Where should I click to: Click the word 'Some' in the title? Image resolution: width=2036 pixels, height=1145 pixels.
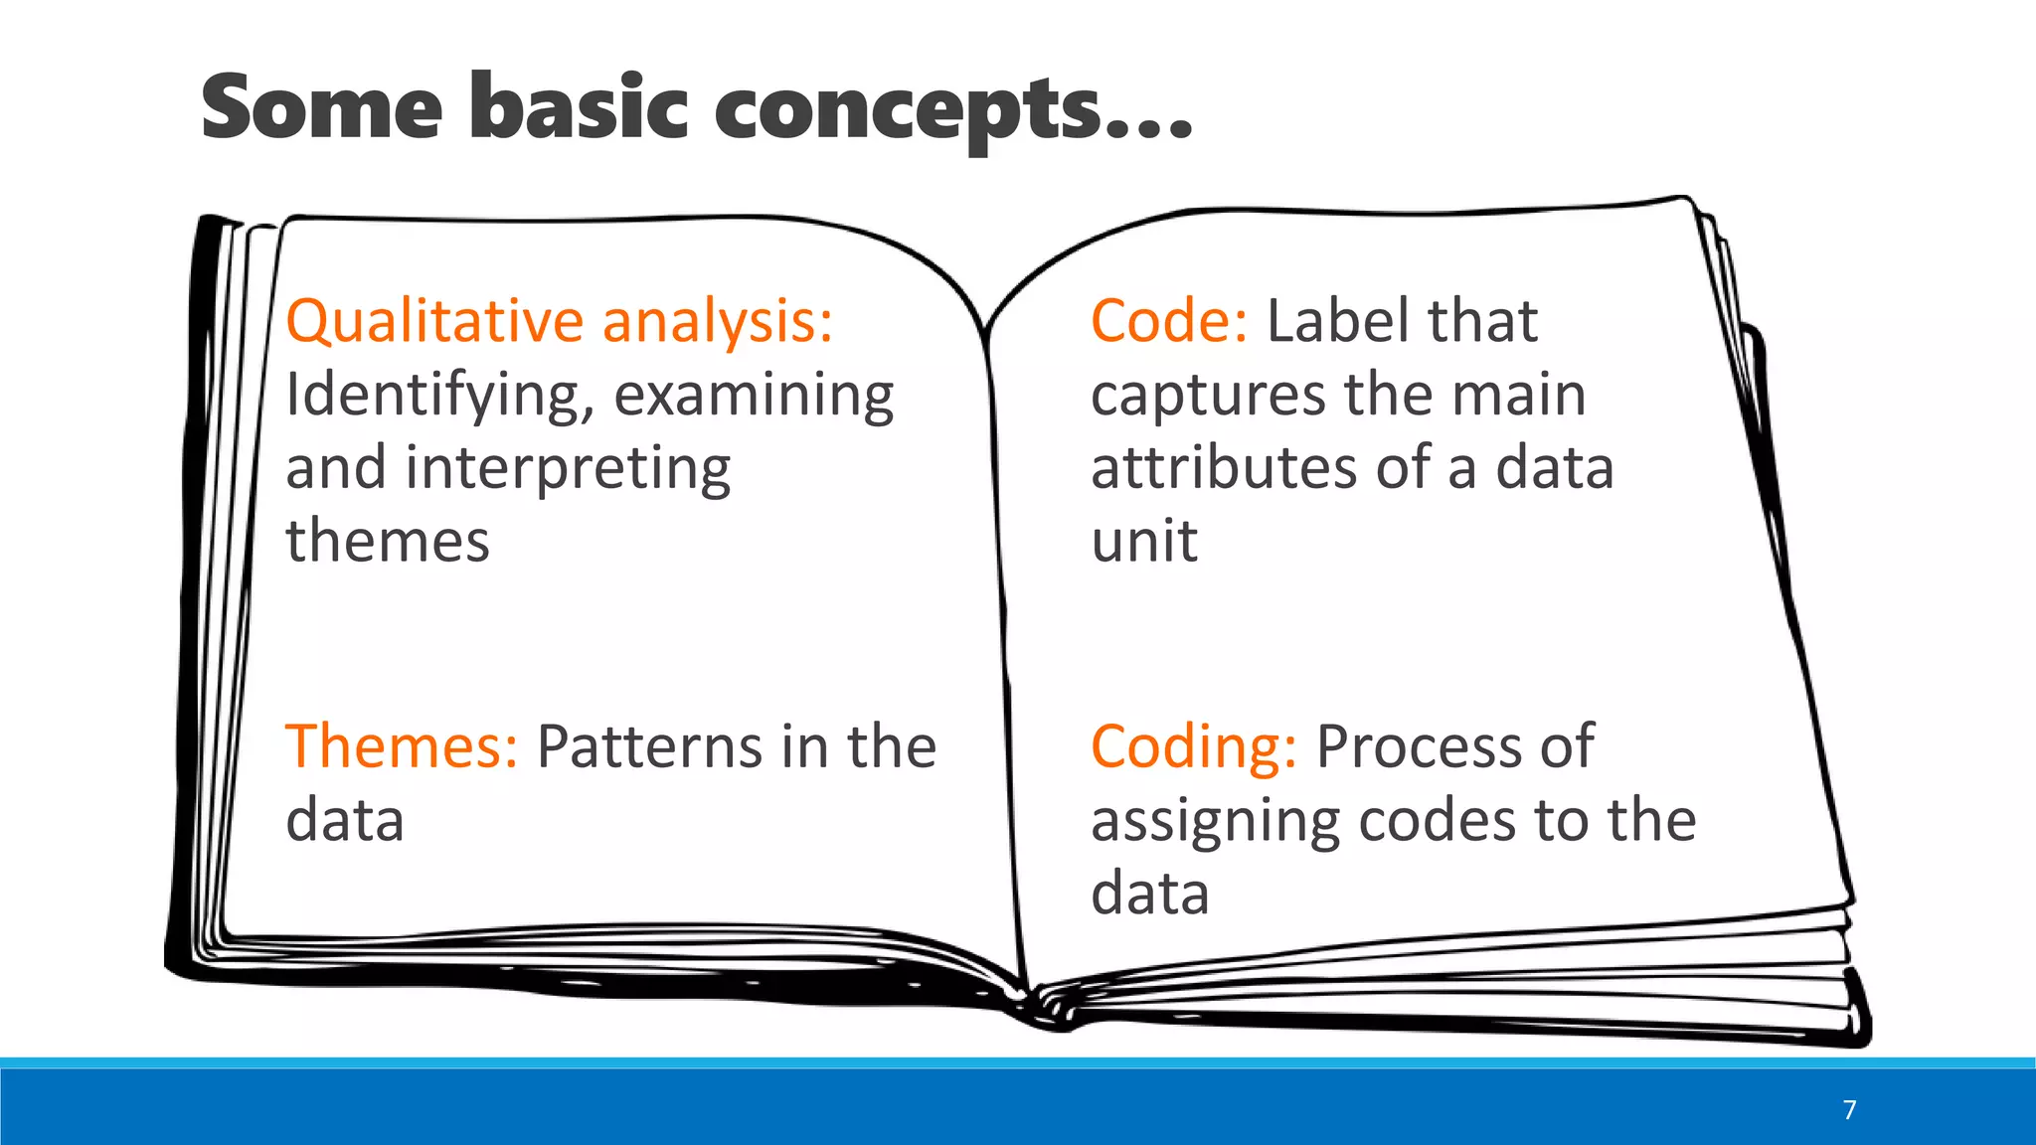click(x=321, y=107)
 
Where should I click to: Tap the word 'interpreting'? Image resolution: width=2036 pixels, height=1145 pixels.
click(x=568, y=469)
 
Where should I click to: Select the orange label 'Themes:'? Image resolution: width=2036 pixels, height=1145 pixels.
click(x=402, y=746)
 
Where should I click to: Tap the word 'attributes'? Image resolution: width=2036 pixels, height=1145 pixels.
click(x=1223, y=469)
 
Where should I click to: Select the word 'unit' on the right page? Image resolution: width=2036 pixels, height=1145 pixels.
click(x=1144, y=542)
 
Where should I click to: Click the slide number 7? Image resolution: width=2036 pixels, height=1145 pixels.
click(x=1849, y=1110)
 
